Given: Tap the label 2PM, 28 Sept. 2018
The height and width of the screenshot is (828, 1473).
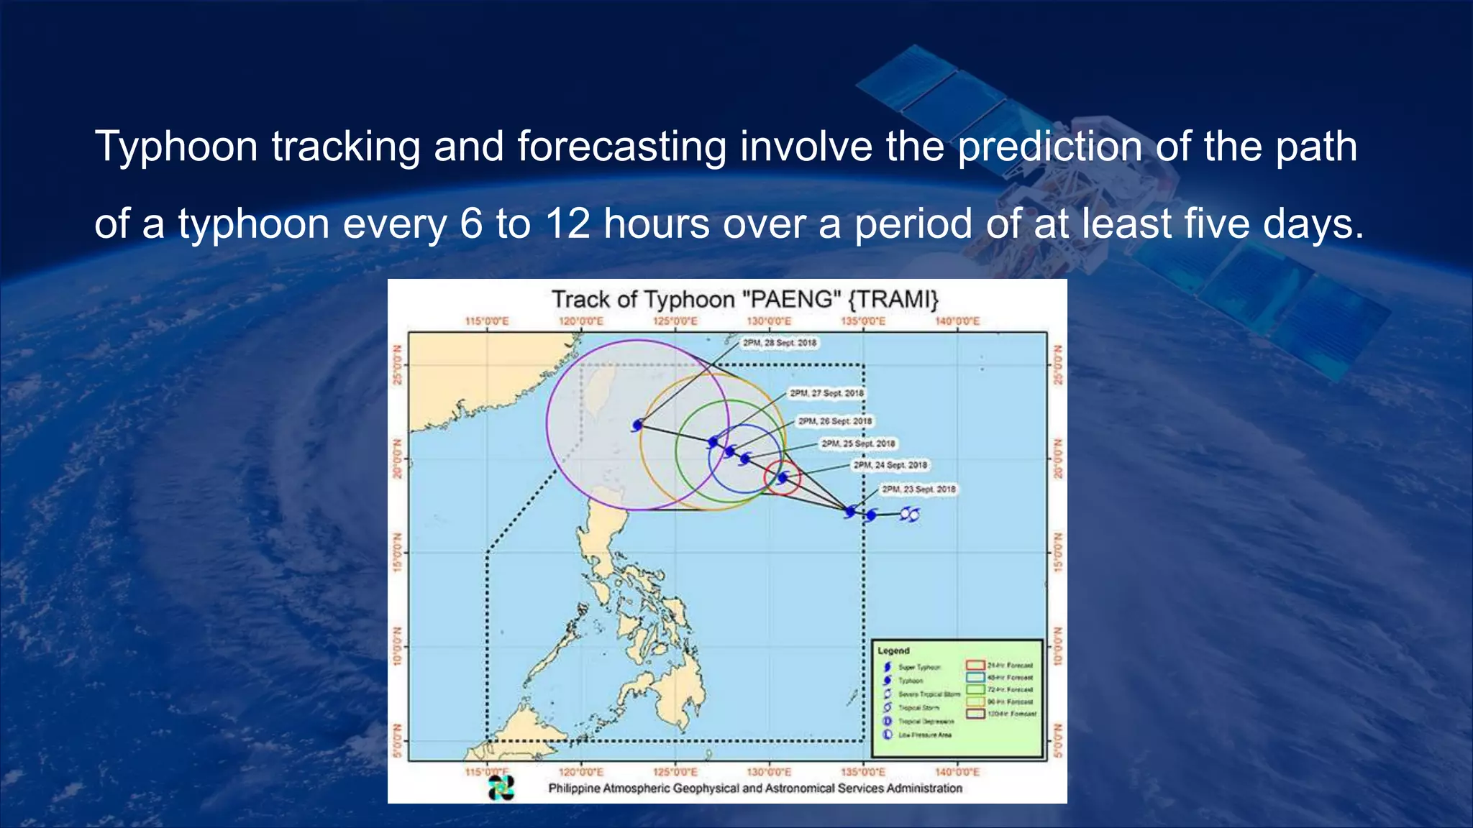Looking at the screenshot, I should click(780, 343).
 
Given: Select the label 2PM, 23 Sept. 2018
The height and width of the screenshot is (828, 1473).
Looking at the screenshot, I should click(918, 489).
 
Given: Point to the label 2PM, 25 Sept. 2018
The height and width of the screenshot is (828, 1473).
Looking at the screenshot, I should click(858, 443).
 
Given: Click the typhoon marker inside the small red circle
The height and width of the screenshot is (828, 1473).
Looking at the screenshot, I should click(783, 477).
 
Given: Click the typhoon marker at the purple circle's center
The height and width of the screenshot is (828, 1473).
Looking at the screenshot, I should click(637, 425).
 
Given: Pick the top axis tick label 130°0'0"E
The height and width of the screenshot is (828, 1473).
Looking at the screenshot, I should click(769, 321).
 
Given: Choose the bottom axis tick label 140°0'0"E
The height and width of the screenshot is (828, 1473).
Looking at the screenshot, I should click(957, 772).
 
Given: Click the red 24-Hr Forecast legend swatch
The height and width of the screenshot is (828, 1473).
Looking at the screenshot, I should click(975, 665).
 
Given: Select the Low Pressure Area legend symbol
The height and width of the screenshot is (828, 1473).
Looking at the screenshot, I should click(888, 735).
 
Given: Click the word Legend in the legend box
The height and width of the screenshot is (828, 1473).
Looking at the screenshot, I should click(893, 650).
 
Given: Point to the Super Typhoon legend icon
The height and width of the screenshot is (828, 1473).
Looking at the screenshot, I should click(888, 667).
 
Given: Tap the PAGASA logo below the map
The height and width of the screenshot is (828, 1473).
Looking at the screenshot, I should click(501, 788).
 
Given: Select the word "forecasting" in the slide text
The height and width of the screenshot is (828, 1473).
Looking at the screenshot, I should click(621, 147).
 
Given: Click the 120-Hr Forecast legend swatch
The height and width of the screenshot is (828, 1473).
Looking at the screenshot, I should click(975, 714).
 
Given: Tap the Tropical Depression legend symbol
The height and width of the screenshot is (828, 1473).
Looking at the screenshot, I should click(888, 721).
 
